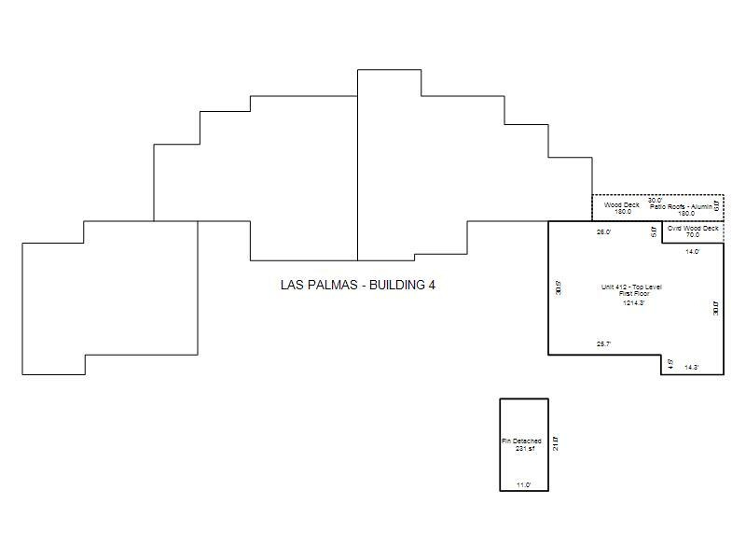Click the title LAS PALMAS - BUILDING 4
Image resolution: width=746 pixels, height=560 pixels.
click(357, 285)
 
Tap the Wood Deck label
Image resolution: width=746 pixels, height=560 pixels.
click(622, 204)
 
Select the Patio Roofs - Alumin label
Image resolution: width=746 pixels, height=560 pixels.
click(682, 206)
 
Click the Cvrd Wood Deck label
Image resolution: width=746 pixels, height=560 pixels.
click(693, 228)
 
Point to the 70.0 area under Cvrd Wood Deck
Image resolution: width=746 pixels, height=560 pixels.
click(693, 235)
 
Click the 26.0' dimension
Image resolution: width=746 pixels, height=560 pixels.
click(603, 231)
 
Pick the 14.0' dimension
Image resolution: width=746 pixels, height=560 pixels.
click(693, 251)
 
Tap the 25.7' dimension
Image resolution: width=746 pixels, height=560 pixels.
click(603, 344)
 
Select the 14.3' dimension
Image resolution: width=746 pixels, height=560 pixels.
click(692, 367)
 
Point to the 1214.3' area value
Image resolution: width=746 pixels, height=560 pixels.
click(634, 302)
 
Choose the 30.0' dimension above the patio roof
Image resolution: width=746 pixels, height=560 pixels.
click(655, 200)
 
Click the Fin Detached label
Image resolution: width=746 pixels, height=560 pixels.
click(521, 441)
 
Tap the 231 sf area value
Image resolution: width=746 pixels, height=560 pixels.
click(524, 449)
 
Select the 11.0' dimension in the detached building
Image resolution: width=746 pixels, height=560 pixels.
click(524, 484)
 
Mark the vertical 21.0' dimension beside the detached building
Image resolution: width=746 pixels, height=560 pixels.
click(555, 442)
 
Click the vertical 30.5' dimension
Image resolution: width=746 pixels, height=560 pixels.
click(558, 287)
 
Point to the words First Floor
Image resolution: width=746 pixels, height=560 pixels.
click(633, 294)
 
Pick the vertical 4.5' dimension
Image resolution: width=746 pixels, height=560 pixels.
click(670, 363)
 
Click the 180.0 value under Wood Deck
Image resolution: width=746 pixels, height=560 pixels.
click(623, 212)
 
